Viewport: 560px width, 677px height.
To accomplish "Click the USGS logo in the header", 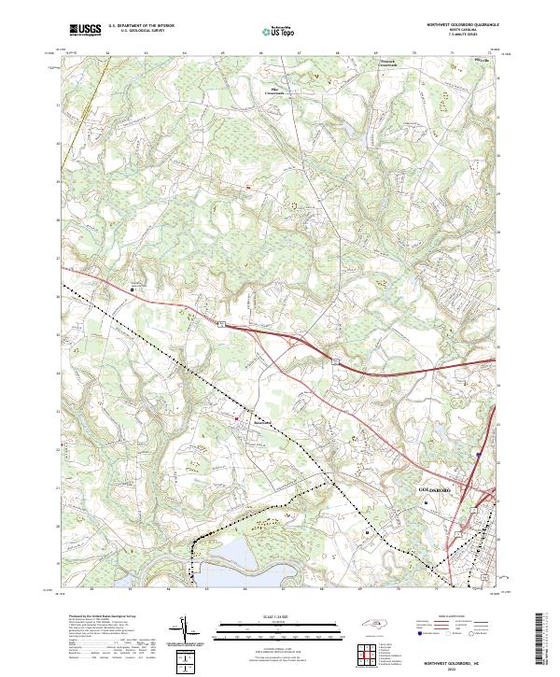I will point(86,31).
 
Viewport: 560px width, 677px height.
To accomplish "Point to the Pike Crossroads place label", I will point(272,92).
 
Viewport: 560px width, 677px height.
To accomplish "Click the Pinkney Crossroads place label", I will point(387,63).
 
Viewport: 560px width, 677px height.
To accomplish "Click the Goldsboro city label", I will point(434,489).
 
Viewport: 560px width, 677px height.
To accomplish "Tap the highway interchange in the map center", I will point(297,344).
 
